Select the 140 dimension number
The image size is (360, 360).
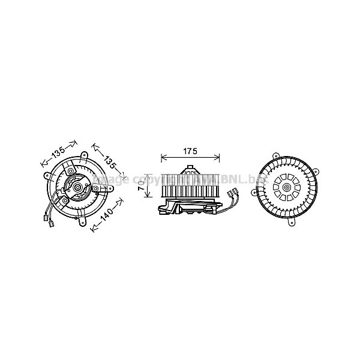tap(107, 216)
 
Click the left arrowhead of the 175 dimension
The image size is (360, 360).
tap(163, 158)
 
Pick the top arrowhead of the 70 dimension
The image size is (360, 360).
tap(149, 176)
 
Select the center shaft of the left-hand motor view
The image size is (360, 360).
tap(77, 188)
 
